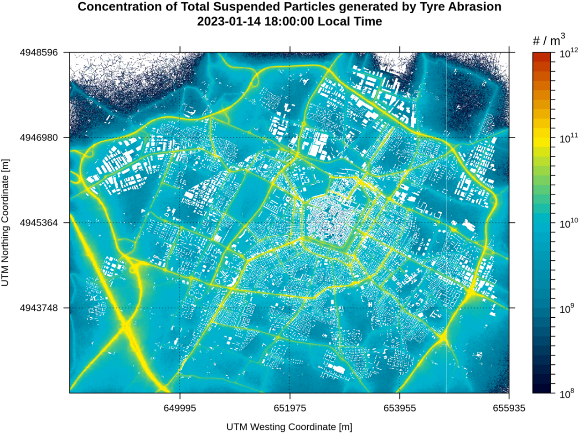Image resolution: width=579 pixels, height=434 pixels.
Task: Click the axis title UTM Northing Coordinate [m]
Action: pyautogui.click(x=5, y=223)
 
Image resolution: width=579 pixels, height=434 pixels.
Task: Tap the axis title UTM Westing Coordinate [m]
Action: pyautogui.click(x=289, y=427)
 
